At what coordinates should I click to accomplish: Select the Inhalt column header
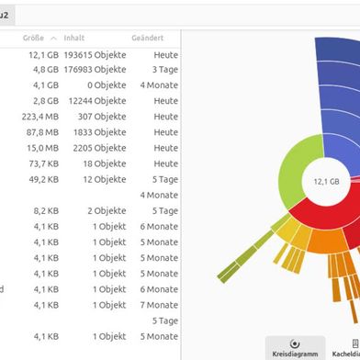pyautogui.click(x=74, y=38)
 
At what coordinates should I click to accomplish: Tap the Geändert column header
pyautogui.click(x=147, y=38)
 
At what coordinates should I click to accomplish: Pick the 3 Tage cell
pyautogui.click(x=165, y=70)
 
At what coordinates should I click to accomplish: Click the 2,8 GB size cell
pyautogui.click(x=46, y=101)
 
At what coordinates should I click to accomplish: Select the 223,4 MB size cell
pyautogui.click(x=41, y=117)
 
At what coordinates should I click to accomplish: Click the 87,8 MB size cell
pyautogui.click(x=43, y=132)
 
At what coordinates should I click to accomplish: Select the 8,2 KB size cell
pyautogui.click(x=46, y=210)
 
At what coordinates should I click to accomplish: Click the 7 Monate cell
pyautogui.click(x=159, y=304)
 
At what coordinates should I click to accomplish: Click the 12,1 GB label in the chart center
pyautogui.click(x=326, y=182)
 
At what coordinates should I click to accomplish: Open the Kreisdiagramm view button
pyautogui.click(x=294, y=347)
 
